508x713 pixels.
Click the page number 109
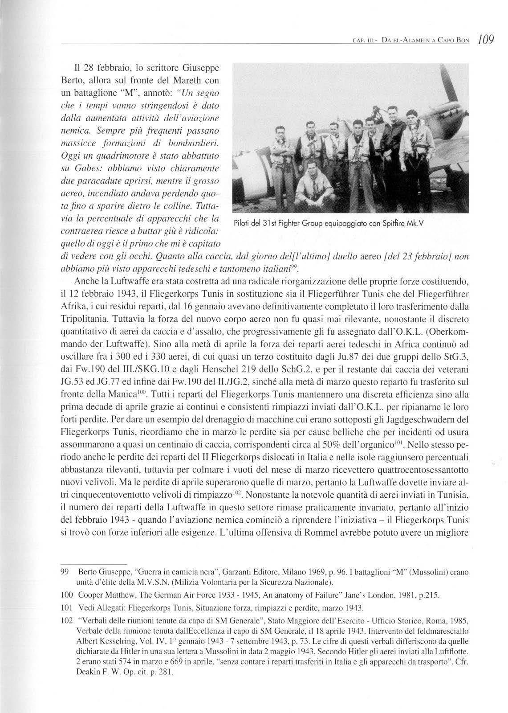pos(484,40)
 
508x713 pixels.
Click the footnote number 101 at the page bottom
pos(66,607)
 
